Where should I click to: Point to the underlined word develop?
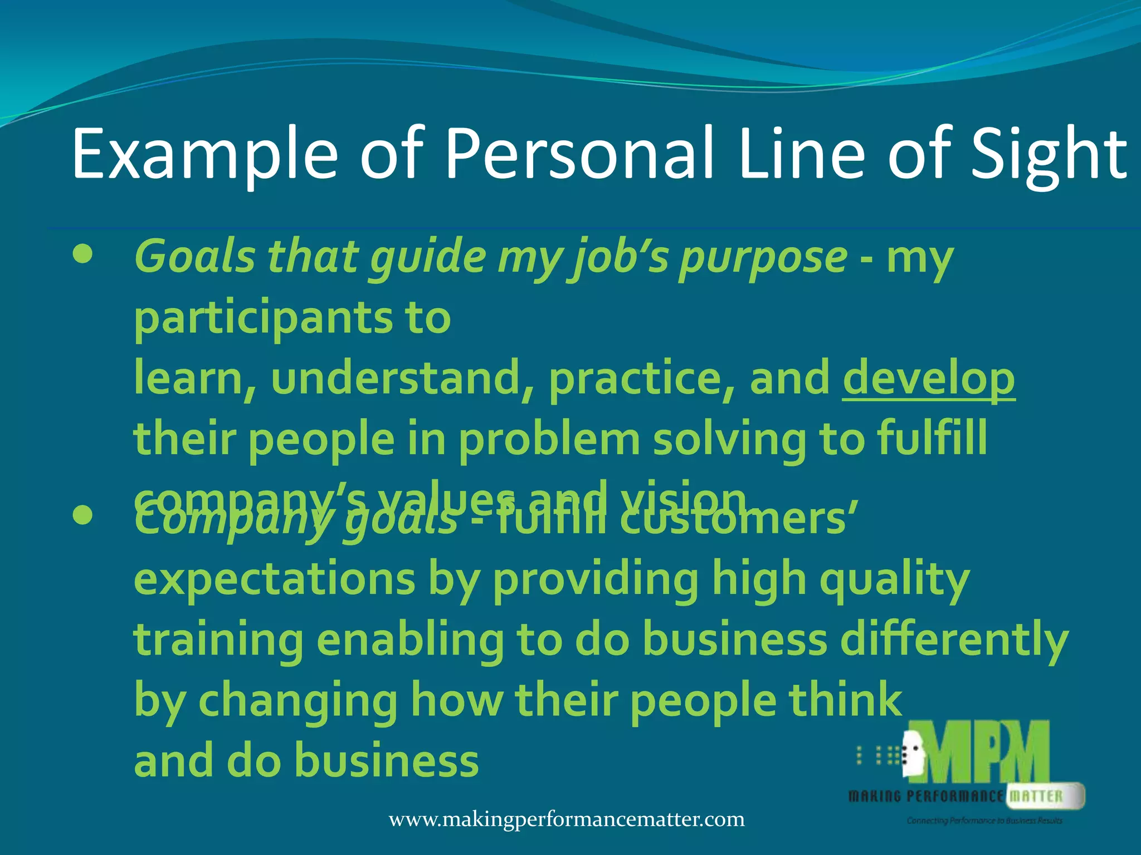pyautogui.click(x=928, y=379)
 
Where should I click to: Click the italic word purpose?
pyautogui.click(x=763, y=258)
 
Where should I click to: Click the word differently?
pyautogui.click(x=954, y=640)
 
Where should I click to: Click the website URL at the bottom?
pyautogui.click(x=567, y=819)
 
